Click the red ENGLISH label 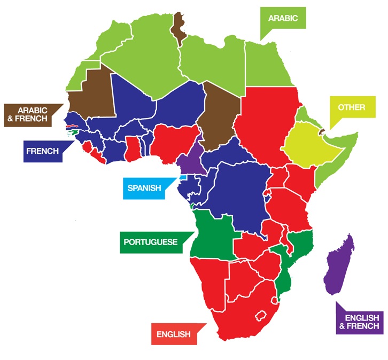173,334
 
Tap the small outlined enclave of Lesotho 262,314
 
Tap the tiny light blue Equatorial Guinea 183,177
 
